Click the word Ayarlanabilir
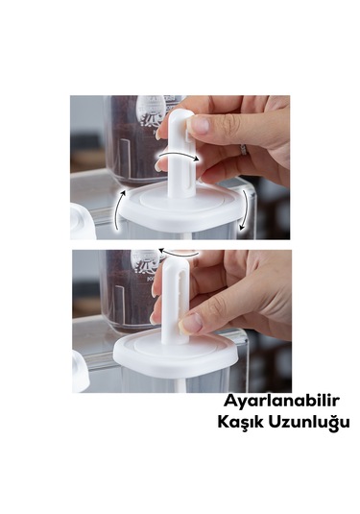273,402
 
